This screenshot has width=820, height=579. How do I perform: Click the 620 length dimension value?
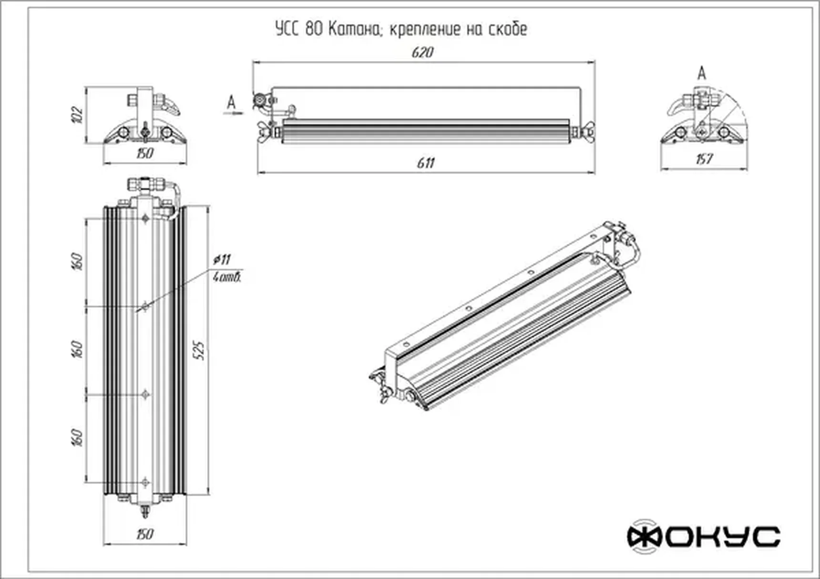coord(422,52)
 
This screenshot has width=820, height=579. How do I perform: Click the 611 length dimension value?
coord(425,163)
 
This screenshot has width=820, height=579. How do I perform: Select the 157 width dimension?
coord(704,159)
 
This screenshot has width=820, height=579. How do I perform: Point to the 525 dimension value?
coord(200,350)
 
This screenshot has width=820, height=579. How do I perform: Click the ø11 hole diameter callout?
coord(222,260)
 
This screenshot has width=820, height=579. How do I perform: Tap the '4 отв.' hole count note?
coord(227,277)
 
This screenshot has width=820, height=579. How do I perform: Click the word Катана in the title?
coord(354,30)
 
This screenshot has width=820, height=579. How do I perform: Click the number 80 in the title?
coord(314,30)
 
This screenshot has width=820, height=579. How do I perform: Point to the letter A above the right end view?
coord(701,74)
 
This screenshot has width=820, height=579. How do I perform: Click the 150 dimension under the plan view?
coord(144,534)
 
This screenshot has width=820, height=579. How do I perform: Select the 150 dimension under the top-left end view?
coord(144,153)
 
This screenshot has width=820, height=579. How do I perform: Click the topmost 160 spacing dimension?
coord(78,261)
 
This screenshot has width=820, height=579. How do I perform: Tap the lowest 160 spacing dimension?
coord(78,437)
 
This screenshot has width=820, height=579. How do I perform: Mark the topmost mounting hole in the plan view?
coord(146,218)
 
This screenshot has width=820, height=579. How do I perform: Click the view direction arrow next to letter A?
coord(234,113)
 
